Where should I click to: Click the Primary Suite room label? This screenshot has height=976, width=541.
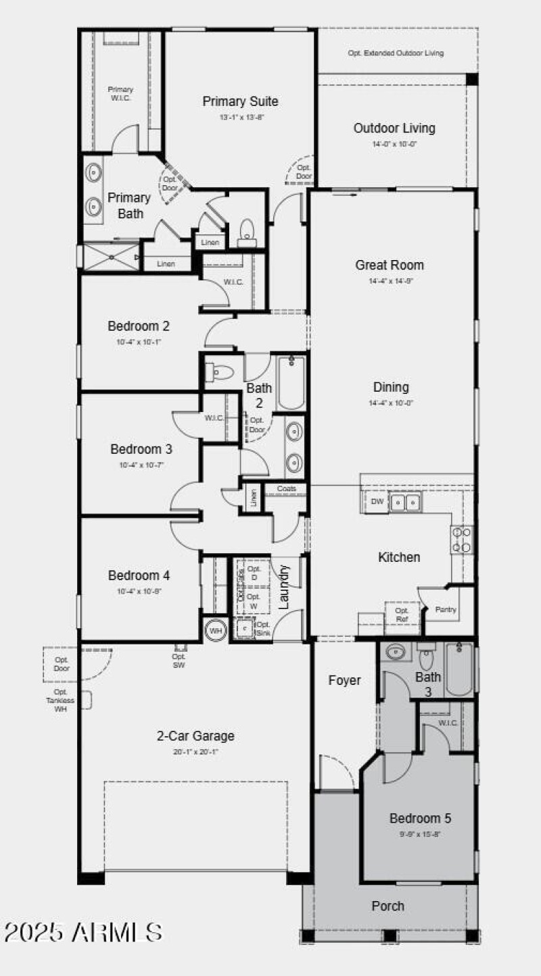coord(240,101)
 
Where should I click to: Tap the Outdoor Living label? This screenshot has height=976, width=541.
coord(394,128)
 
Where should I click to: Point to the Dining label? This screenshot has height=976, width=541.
coord(391,387)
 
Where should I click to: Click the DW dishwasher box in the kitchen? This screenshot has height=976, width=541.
coord(377,502)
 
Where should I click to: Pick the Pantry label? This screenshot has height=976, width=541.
coord(446,610)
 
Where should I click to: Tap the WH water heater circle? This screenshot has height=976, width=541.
coord(216,631)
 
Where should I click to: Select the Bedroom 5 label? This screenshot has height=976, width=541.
coord(420,819)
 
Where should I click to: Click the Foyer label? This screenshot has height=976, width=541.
coord(345,680)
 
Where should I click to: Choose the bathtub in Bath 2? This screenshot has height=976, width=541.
coord(291,383)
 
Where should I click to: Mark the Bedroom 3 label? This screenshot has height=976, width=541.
coord(141,449)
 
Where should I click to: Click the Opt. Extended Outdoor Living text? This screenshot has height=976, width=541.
coord(396,53)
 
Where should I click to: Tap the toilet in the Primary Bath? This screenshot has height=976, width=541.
coord(246,230)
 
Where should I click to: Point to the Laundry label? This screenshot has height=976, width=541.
coord(284,586)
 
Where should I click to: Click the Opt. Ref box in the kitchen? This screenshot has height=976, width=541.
coord(402,614)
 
